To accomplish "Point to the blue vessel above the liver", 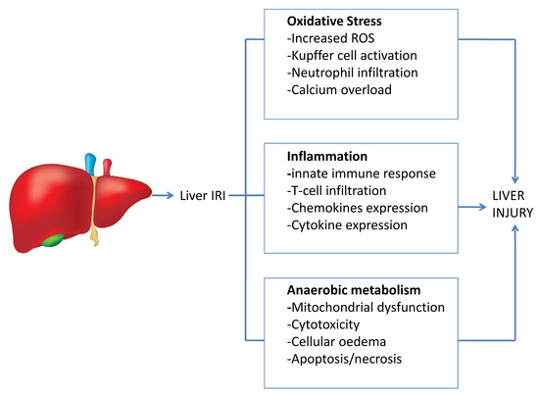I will [x=91, y=164].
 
